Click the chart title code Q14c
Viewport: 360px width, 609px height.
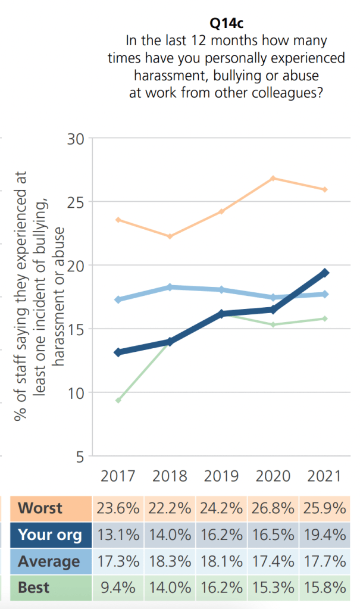[226, 23]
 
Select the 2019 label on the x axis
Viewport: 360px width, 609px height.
[221, 476]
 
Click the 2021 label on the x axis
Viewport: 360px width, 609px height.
[324, 476]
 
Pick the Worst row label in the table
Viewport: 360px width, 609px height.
[40, 508]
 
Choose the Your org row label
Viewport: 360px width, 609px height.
[50, 535]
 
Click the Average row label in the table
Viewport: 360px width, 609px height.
[49, 561]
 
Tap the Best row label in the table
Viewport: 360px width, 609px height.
[34, 588]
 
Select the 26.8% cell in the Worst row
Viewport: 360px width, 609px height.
[273, 508]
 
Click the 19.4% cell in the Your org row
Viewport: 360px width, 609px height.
[324, 535]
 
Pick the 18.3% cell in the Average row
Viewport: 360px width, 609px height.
[170, 561]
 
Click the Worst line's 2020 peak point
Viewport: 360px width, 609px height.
[273, 179]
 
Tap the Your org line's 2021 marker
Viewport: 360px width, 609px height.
[325, 273]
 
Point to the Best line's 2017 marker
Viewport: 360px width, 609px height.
[118, 400]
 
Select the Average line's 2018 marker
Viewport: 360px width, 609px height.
[169, 287]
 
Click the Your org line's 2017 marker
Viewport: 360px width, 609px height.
[118, 352]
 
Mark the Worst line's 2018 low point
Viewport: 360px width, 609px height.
[169, 236]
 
